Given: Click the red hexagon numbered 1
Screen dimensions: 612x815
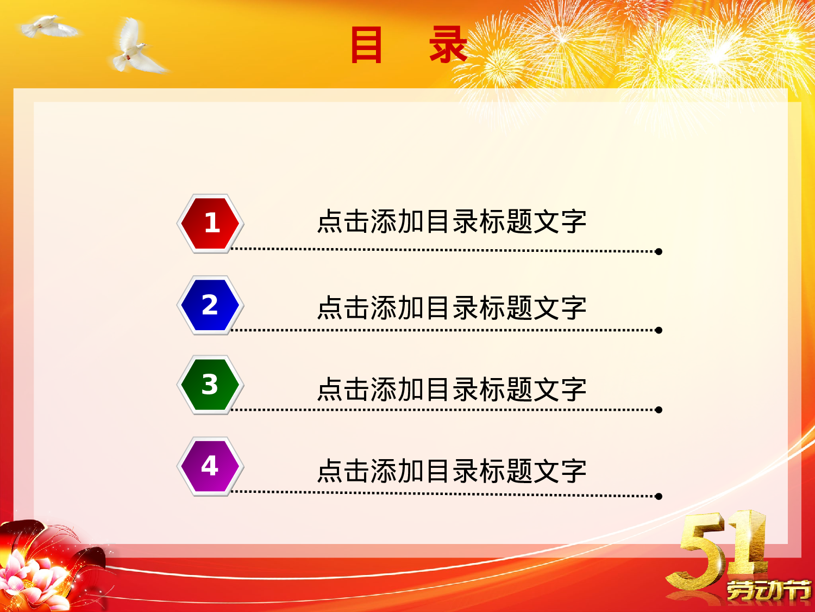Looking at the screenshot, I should (210, 223).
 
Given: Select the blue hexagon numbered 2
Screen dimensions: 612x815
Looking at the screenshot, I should (210, 305).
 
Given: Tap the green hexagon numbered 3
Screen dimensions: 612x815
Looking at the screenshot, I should (210, 385).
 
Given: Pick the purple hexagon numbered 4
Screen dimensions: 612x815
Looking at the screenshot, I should (210, 466).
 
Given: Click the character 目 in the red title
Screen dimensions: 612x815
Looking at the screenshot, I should (366, 45).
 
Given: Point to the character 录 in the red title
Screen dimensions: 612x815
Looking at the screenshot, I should (448, 45).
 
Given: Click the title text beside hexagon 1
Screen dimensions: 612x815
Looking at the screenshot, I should (452, 222).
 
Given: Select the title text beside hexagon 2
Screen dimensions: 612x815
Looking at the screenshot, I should (452, 308).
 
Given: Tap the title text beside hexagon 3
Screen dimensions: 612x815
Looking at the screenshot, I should (452, 390).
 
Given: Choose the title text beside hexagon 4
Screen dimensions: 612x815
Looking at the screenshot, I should (452, 471).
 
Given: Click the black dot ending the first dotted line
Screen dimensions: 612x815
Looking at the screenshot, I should (659, 251).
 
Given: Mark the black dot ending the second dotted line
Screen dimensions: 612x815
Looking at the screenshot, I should (659, 330).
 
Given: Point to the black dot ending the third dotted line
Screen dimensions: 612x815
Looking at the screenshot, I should (659, 410).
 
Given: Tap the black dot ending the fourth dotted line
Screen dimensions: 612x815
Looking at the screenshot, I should (659, 496).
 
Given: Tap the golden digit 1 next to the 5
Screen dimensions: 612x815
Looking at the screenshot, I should (750, 544).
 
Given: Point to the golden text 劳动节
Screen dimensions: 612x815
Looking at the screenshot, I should (768, 590).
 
